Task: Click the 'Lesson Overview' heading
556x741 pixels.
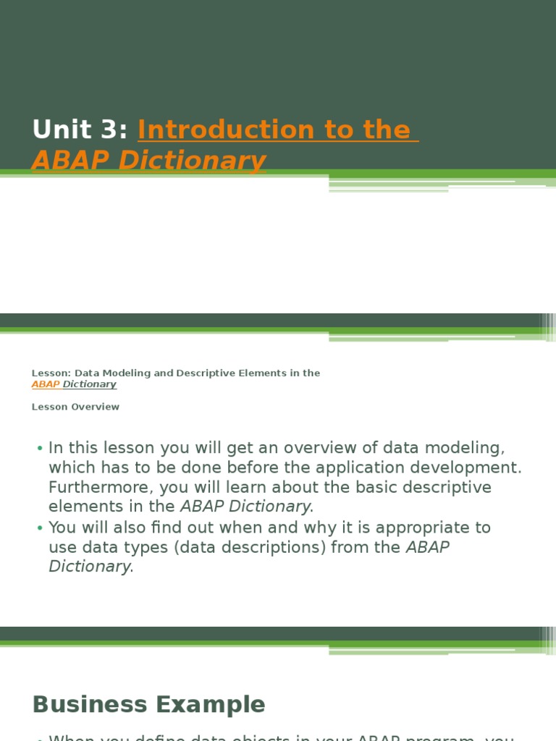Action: pyautogui.click(x=75, y=407)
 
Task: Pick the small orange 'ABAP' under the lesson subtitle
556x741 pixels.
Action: pyautogui.click(x=45, y=384)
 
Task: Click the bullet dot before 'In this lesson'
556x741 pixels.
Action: pyautogui.click(x=40, y=449)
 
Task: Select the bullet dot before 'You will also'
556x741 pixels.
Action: pyautogui.click(x=40, y=528)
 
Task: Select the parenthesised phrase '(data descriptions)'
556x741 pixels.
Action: pyautogui.click(x=250, y=547)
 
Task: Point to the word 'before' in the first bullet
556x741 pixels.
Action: pyautogui.click(x=245, y=467)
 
